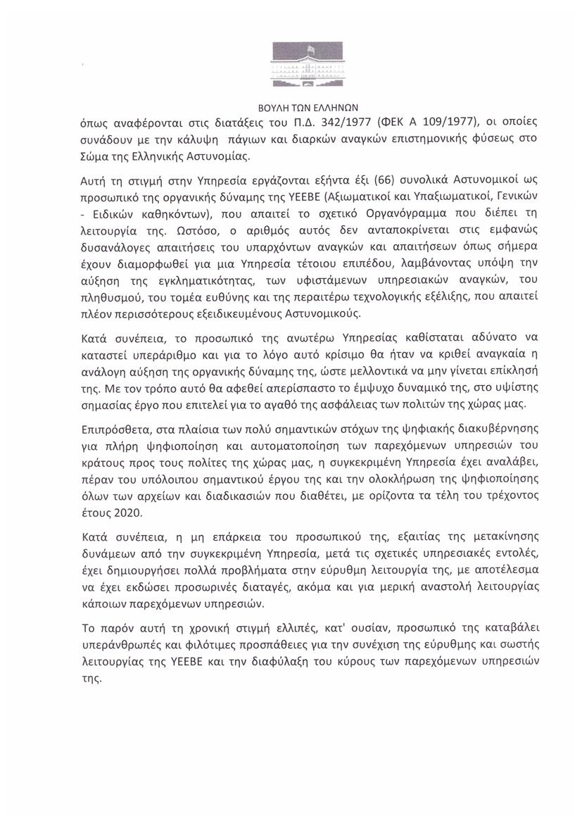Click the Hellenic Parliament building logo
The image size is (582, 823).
[x=291, y=68]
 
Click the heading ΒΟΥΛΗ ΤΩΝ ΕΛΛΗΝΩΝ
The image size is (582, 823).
[x=291, y=108]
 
